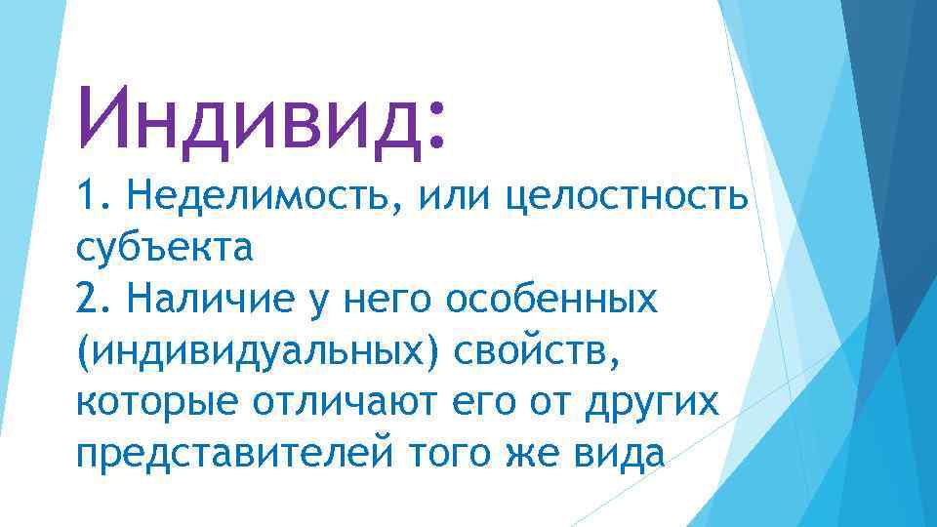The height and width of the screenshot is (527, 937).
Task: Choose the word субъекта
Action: (x=164, y=249)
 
